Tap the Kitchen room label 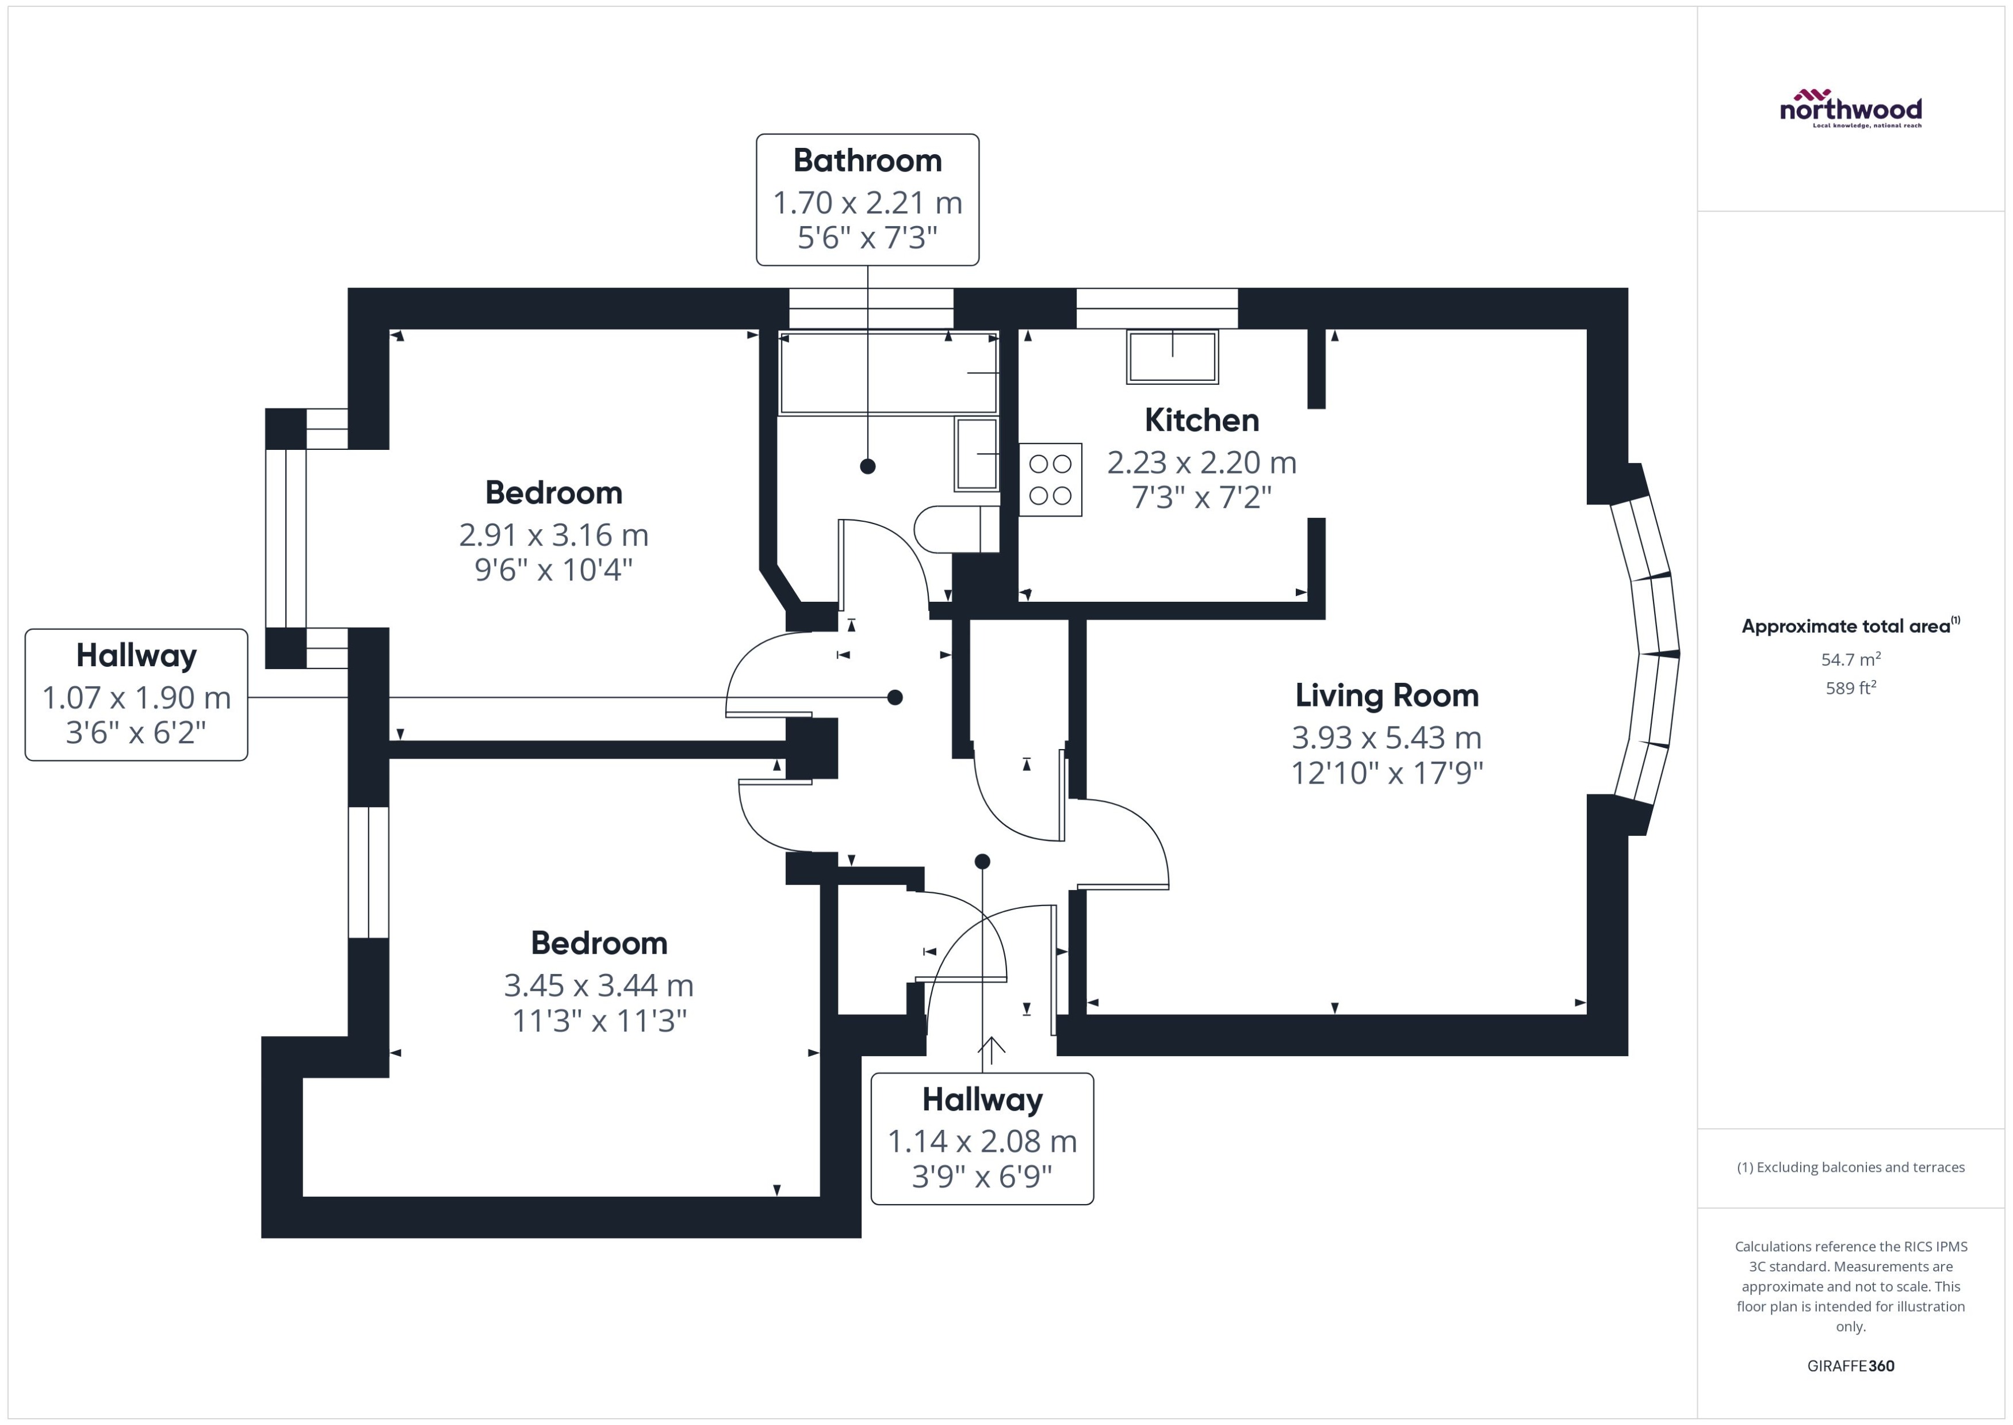click(x=1201, y=421)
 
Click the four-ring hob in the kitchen click(x=1050, y=479)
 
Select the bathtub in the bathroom click(x=887, y=373)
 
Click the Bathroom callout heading click(x=867, y=161)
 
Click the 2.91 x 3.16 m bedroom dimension click(x=553, y=534)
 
